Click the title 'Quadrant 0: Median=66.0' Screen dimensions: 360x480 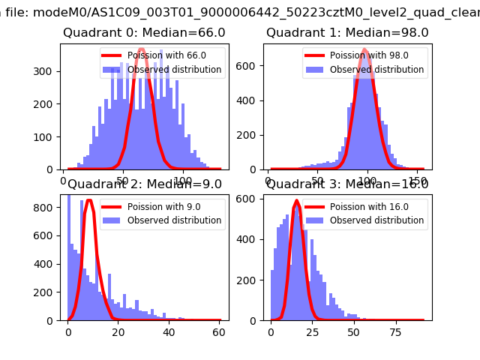pos(144,33)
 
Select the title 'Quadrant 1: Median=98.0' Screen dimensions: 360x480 pos(347,33)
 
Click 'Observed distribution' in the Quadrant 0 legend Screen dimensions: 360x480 pos(174,70)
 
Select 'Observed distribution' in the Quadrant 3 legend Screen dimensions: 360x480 pos(376,220)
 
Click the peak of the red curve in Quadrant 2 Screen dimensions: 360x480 pos(89,200)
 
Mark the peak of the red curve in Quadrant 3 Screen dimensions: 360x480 pos(296,201)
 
